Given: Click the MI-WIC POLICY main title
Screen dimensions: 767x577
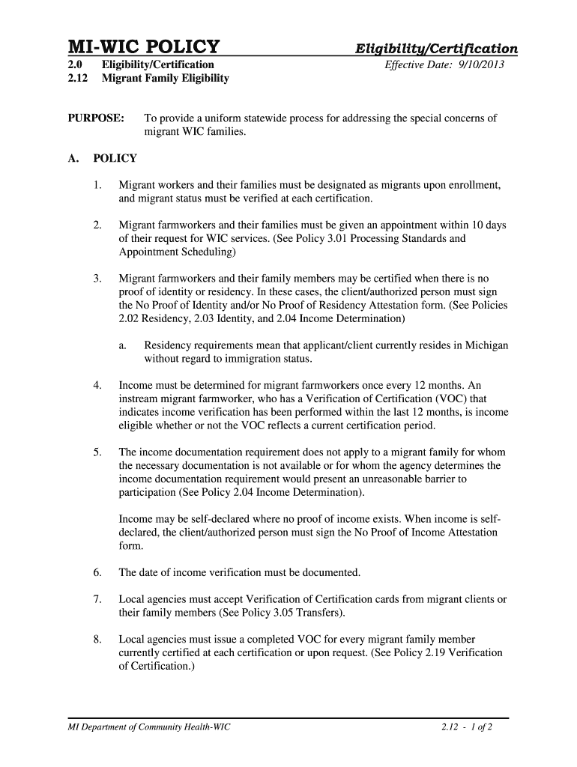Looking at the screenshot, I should pos(144,47).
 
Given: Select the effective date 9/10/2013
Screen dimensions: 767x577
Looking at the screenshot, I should pos(480,65).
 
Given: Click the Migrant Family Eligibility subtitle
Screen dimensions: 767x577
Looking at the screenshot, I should pos(166,78).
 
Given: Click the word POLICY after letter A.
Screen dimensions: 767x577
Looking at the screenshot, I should pos(115,159).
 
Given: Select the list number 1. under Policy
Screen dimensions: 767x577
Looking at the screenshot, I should pos(98,185).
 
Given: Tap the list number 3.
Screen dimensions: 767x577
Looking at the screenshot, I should pos(98,279).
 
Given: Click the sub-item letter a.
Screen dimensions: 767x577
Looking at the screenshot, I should pos(122,346).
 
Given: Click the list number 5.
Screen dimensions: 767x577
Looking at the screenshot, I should pos(98,452).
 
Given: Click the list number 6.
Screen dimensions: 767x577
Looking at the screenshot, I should pos(98,573).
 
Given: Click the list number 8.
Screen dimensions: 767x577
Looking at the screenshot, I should pos(98,640).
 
